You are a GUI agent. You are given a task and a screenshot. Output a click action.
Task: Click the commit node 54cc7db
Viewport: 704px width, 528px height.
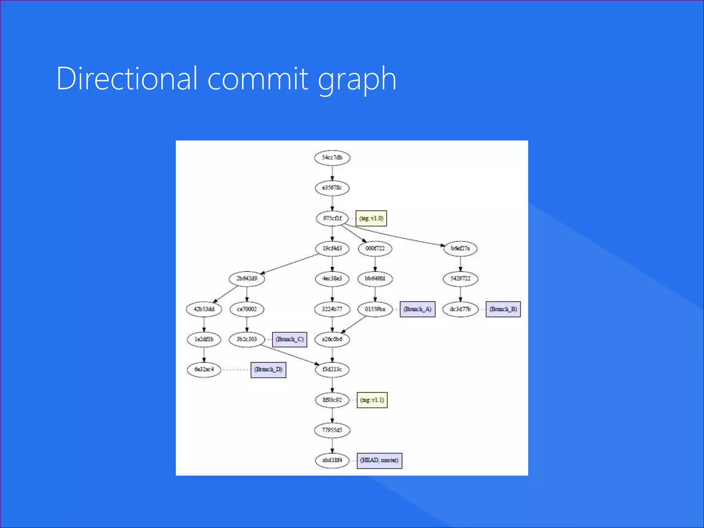coord(332,158)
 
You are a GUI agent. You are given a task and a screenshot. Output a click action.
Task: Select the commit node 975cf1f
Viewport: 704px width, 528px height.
coord(332,218)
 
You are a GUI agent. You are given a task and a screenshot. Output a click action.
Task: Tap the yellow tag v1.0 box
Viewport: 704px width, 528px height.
coord(371,218)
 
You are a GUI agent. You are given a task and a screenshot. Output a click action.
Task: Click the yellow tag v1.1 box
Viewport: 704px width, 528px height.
coord(372,400)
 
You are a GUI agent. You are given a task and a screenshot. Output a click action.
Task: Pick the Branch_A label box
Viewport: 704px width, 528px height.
coord(417,309)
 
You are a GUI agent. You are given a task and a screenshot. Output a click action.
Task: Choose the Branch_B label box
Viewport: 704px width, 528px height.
coord(503,309)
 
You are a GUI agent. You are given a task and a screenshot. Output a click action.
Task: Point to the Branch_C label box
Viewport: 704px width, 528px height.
coord(289,339)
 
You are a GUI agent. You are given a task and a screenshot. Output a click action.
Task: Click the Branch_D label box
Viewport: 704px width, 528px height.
coord(268,370)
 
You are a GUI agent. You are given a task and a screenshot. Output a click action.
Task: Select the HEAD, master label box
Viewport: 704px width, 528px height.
coord(379,460)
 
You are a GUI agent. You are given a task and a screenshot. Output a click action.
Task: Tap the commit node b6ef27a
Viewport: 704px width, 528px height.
coord(460,248)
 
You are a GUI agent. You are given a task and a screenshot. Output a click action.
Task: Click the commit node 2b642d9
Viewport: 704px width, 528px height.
coord(247,278)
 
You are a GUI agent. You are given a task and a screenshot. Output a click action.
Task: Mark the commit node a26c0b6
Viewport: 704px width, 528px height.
coord(332,339)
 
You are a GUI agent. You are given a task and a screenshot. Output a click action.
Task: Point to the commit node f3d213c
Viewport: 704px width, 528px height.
coord(332,370)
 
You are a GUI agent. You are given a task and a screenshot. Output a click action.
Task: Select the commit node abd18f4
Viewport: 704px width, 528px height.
coord(332,460)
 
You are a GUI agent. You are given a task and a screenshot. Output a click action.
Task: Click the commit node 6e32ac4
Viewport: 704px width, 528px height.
coord(204,370)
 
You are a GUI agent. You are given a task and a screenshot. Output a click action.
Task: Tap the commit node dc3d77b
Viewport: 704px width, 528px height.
coord(460,309)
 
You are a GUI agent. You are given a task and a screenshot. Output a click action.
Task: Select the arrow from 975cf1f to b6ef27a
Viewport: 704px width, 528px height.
coord(395,235)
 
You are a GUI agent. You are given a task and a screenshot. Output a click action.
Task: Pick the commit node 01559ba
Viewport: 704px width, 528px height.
coord(375,309)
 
